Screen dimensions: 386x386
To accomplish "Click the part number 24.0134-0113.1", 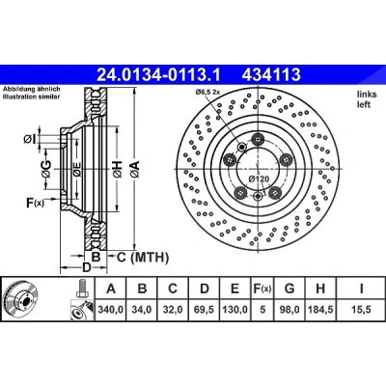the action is [x=158, y=74].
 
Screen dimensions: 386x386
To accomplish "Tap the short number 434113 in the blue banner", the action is [x=271, y=74].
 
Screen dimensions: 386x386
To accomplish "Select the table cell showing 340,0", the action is [x=111, y=310].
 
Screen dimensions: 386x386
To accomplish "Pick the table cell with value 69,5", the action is [x=205, y=310].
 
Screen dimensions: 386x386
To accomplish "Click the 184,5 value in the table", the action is [x=320, y=310].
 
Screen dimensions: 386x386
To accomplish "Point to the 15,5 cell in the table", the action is [x=362, y=310].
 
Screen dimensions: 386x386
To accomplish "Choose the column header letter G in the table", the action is [x=289, y=289].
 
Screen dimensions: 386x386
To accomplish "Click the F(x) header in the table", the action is [x=262, y=289].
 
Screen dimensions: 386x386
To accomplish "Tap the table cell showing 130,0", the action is [x=235, y=310].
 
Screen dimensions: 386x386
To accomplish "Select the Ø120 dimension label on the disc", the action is [x=259, y=179].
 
